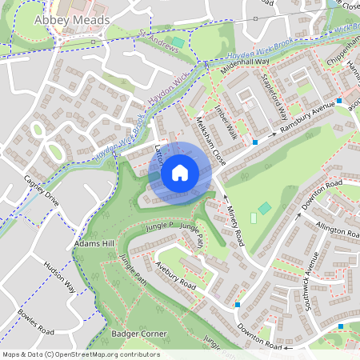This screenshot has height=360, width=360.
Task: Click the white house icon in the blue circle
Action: click(x=180, y=171)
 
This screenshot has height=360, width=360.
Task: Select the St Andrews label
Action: click(x=157, y=42)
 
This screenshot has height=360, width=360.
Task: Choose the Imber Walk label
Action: click(x=226, y=117)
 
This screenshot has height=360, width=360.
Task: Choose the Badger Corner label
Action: click(x=138, y=333)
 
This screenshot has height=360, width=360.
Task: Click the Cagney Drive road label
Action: click(x=42, y=192)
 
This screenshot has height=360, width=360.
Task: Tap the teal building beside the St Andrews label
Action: click(x=178, y=42)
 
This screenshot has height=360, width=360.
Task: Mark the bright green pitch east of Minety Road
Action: click(x=254, y=218)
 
